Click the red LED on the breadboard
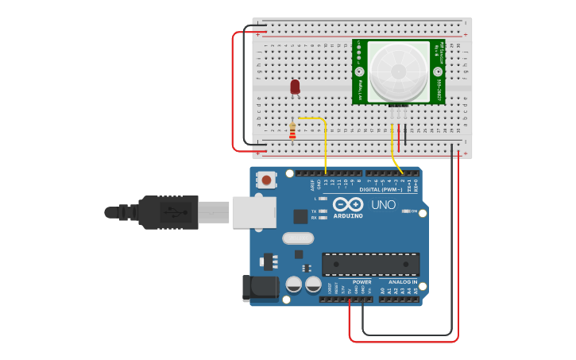tap(295, 86)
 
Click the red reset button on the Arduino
tap(267, 180)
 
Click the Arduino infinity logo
tap(348, 203)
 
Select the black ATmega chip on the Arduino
tap(370, 264)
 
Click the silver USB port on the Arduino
tap(254, 212)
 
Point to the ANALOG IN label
tap(403, 282)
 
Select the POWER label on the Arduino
tap(361, 282)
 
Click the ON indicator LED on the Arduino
tap(407, 211)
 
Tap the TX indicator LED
tap(323, 211)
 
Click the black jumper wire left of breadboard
tap(245, 87)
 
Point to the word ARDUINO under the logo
tap(348, 215)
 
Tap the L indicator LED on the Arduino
tap(323, 199)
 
